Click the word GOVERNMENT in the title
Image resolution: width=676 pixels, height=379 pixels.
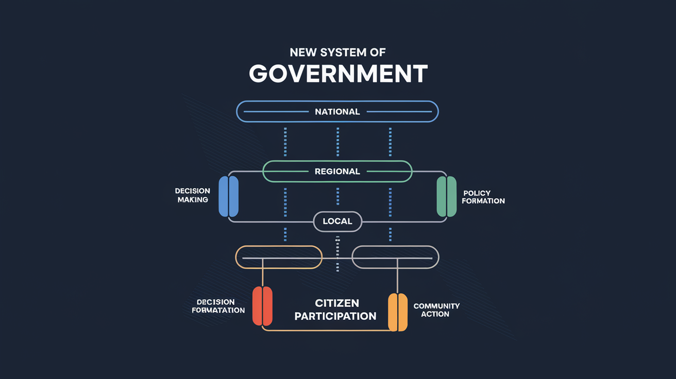[x=338, y=74]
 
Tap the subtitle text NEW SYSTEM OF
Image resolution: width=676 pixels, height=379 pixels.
[x=338, y=52]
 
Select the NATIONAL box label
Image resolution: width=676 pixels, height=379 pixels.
[x=337, y=112]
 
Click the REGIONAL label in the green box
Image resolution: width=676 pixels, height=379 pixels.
[x=337, y=171]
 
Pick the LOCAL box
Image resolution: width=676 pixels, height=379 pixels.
[x=337, y=221]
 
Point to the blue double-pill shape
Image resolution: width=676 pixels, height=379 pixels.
[x=229, y=196]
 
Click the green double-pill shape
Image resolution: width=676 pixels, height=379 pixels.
[x=446, y=196]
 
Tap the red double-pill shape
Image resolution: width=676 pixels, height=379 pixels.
[x=262, y=306]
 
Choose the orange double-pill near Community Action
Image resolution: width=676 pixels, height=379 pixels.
[x=397, y=312]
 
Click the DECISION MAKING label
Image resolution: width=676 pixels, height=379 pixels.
[x=193, y=195]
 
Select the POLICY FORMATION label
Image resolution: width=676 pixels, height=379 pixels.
[x=483, y=197]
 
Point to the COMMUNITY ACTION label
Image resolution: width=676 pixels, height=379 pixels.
[x=436, y=310]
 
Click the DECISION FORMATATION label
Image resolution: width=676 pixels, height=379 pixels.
[x=218, y=306]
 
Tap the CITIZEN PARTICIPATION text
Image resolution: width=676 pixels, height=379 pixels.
[x=335, y=309]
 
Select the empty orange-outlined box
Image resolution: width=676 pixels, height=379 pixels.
[x=279, y=257]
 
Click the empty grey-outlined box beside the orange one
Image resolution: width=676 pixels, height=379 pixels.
[x=395, y=257]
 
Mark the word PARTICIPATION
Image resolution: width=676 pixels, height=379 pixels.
[x=335, y=316]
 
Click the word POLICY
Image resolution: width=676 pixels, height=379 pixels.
[x=477, y=193]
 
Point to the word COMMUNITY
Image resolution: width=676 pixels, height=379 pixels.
[x=436, y=306]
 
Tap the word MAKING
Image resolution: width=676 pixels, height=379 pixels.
[x=193, y=200]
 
